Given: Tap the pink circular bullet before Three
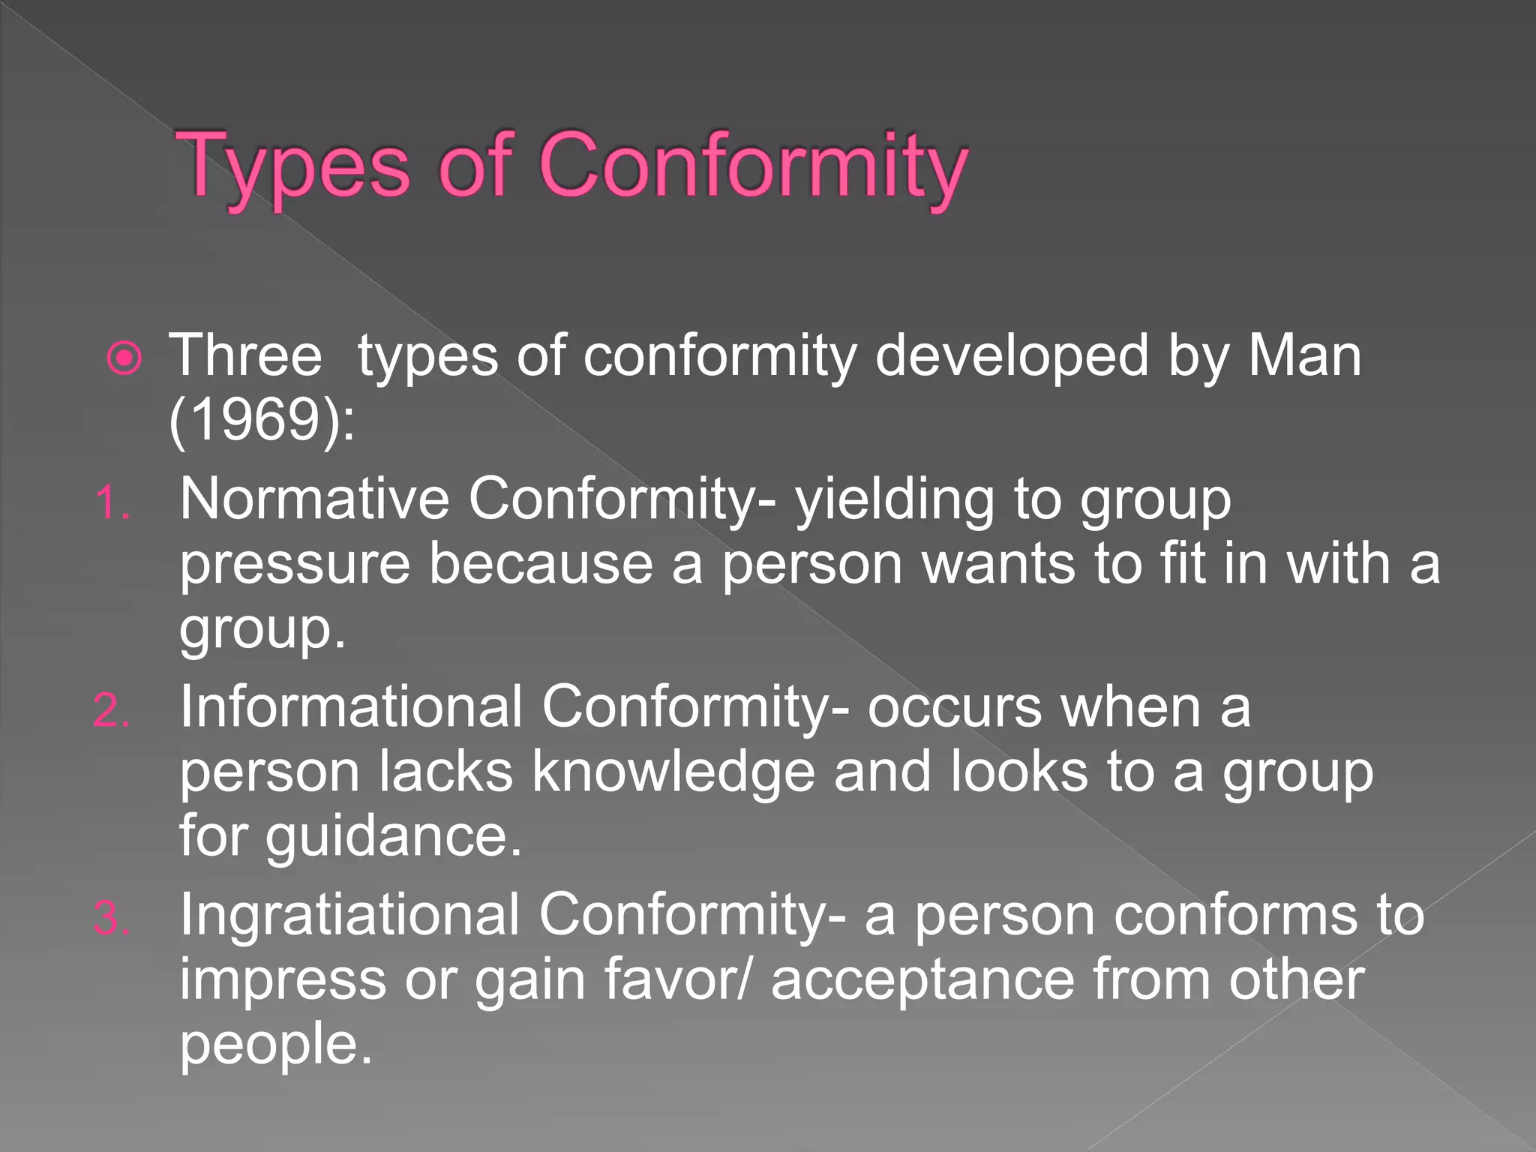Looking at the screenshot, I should (x=124, y=358).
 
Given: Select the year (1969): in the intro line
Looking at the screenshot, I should (x=262, y=420).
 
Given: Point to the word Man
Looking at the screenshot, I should (x=1304, y=355).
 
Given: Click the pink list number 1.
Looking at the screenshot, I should (x=112, y=502).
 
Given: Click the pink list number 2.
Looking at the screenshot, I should (x=112, y=710).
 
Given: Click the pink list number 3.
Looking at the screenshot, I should (x=112, y=918).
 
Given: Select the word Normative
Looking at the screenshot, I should (x=314, y=499).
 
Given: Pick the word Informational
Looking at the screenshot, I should (x=351, y=706).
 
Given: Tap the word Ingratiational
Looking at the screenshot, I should (x=349, y=914).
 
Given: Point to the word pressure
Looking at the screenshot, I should (x=295, y=565).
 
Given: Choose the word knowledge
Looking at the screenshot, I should (x=673, y=772).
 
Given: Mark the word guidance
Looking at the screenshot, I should (x=393, y=837).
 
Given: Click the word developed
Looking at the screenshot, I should (x=1012, y=355).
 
